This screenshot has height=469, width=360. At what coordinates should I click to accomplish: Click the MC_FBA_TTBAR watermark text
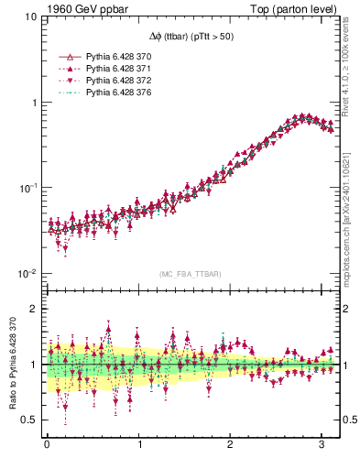tap(191, 275)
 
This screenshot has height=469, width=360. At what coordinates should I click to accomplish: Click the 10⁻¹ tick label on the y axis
tap(27, 188)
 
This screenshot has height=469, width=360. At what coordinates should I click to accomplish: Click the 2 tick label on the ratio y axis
tap(33, 309)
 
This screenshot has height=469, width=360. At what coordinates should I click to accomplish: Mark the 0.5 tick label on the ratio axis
tap(29, 420)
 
